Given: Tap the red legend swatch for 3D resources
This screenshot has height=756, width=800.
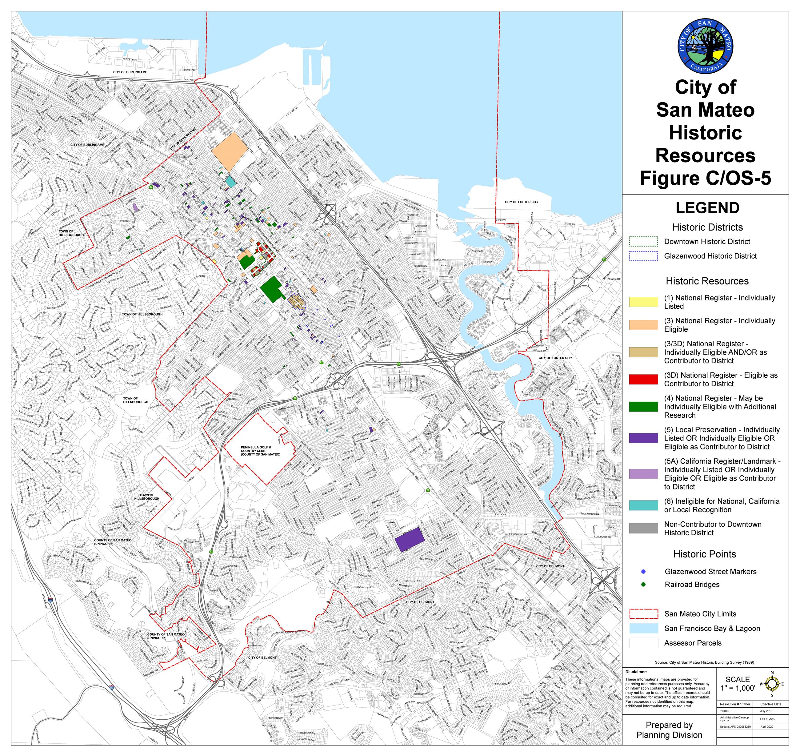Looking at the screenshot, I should pyautogui.click(x=643, y=379).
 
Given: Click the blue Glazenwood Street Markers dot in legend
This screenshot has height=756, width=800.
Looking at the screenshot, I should pyautogui.click(x=643, y=571).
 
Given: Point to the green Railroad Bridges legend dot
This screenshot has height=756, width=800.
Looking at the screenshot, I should pyautogui.click(x=643, y=584).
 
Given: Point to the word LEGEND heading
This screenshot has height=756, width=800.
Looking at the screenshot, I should pyautogui.click(x=707, y=208).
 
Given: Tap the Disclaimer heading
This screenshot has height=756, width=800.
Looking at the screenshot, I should pyautogui.click(x=636, y=672).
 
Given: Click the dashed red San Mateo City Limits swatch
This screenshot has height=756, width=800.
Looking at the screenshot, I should pyautogui.click(x=643, y=614).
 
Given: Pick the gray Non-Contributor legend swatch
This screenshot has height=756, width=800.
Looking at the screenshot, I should pyautogui.click(x=643, y=528).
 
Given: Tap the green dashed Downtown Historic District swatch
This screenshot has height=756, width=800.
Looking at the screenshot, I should pyautogui.click(x=643, y=241).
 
